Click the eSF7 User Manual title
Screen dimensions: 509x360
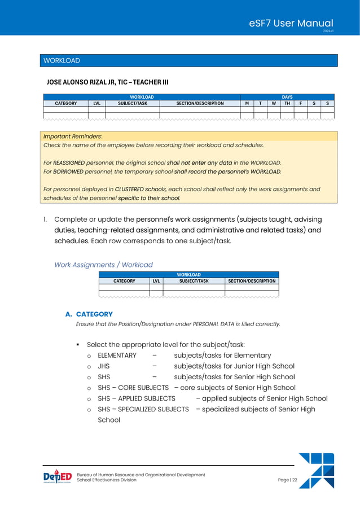pos(291,23)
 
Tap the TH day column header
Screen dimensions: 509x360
pos(287,103)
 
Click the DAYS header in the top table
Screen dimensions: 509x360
pos(287,97)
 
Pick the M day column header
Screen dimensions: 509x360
pos(247,103)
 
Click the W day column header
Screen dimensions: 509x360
pos(273,103)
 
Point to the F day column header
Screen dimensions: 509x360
pos(300,103)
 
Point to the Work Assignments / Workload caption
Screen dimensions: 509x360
pos(103,265)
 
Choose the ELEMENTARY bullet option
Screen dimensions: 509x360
pos(117,356)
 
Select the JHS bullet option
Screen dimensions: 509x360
pos(103,366)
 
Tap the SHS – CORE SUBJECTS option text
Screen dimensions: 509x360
pos(133,388)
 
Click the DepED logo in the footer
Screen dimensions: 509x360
pos(58,477)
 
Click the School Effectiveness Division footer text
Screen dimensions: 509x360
pos(107,480)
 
